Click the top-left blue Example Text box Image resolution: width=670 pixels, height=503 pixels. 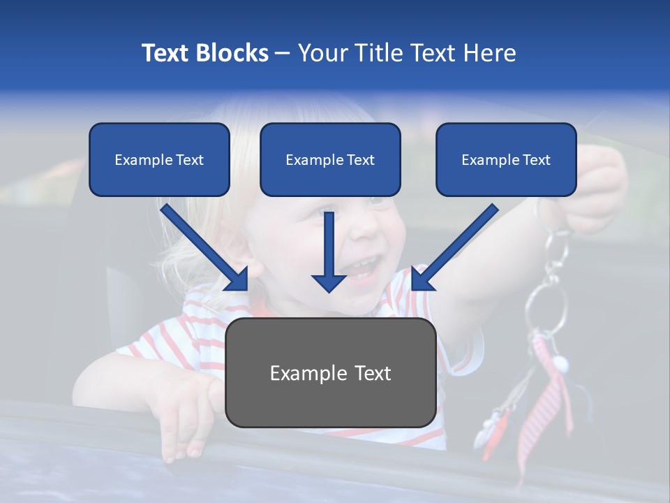tap(159, 159)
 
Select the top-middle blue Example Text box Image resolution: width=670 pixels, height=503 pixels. tap(330, 159)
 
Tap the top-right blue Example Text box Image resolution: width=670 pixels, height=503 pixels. tap(506, 159)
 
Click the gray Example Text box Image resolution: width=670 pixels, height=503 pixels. tap(330, 373)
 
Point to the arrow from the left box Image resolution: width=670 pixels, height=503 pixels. tap(204, 248)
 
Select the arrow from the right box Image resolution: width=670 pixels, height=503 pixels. tap(454, 248)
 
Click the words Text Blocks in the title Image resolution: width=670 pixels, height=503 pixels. tap(204, 53)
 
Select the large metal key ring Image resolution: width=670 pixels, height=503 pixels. tap(546, 307)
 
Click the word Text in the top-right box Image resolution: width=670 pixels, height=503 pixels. tap(536, 159)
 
